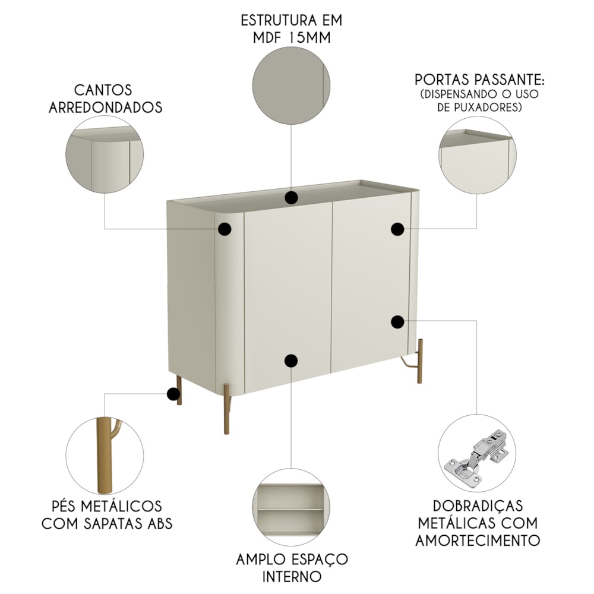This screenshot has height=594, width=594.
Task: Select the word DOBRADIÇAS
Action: point(478,505)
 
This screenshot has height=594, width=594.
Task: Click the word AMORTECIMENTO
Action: point(478,541)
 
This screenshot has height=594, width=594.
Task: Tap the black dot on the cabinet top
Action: point(290,198)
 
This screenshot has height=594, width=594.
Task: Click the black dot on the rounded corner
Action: point(225,229)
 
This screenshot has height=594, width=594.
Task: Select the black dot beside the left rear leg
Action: point(173,393)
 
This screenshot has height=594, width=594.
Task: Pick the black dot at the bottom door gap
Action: point(290,360)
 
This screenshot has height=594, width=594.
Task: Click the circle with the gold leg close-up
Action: point(105,453)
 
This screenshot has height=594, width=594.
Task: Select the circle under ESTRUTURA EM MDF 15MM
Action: point(291,86)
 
